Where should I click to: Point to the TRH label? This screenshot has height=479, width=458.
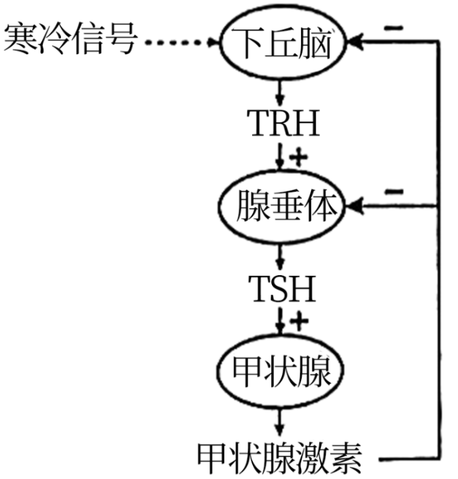pyautogui.click(x=283, y=123)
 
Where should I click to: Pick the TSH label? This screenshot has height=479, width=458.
pyautogui.click(x=283, y=289)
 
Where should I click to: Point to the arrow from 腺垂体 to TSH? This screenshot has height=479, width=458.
pyautogui.click(x=282, y=255)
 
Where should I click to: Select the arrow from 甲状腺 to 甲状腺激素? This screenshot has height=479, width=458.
pyautogui.click(x=282, y=421)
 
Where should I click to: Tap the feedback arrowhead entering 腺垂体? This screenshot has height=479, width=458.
pyautogui.click(x=355, y=208)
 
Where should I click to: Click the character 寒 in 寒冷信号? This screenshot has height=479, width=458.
pyautogui.click(x=21, y=41)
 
